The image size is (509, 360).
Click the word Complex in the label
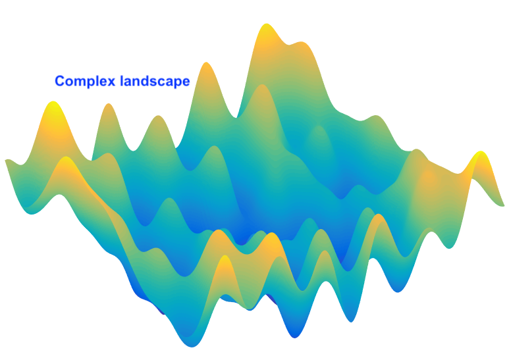(85, 81)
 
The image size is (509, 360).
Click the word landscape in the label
(155, 81)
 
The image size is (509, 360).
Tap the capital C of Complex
(60, 81)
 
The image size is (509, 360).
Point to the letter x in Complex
(112, 82)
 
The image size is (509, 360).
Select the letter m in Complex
(80, 82)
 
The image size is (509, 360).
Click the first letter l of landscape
(122, 81)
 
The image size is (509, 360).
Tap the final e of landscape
(186, 82)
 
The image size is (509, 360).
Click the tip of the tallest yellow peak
(267, 24)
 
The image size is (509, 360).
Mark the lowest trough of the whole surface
(192, 346)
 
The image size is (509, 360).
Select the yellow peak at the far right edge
(481, 152)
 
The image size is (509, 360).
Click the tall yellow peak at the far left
(53, 102)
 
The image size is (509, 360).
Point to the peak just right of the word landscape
(206, 63)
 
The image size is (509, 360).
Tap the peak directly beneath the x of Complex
(109, 105)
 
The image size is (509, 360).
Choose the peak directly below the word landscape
(158, 116)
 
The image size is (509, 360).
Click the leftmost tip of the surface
(5, 160)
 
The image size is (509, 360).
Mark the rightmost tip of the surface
(504, 205)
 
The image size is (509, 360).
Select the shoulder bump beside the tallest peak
(301, 43)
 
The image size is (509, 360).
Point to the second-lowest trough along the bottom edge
(295, 338)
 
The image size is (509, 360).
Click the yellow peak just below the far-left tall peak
(67, 157)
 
